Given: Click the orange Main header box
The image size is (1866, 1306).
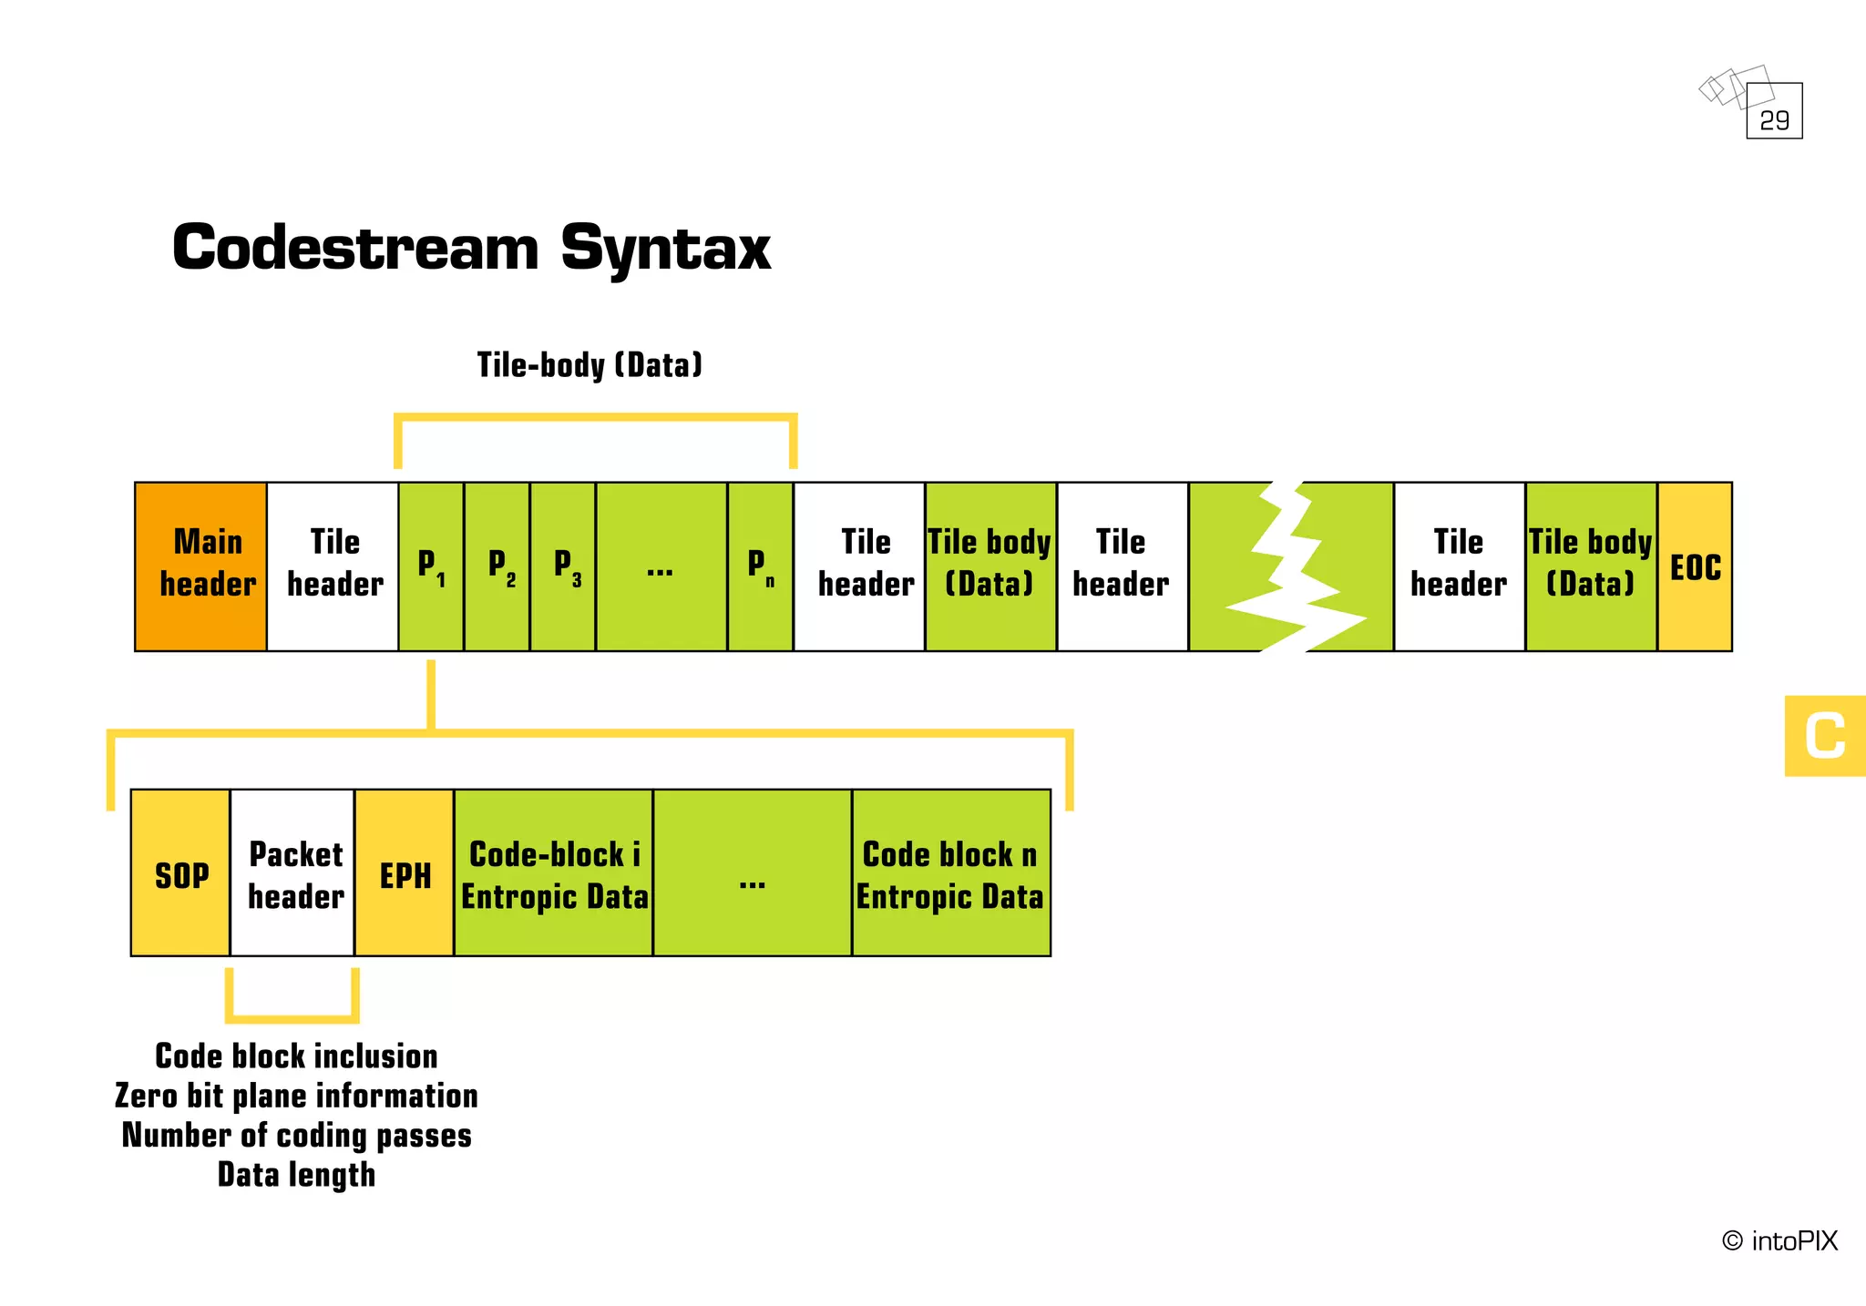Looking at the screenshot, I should (x=200, y=566).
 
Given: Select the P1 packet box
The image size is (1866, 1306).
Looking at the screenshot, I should (x=431, y=566).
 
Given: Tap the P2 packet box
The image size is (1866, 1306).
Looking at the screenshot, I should (x=497, y=566).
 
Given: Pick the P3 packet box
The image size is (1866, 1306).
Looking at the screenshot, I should (x=563, y=566).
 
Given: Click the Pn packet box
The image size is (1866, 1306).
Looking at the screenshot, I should (x=760, y=566).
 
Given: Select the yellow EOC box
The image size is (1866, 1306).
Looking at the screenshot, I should (x=1695, y=566).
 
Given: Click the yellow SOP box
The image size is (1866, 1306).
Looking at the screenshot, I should (x=180, y=872).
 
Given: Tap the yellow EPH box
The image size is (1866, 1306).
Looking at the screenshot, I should (x=405, y=872).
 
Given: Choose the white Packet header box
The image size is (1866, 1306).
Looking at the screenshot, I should (x=293, y=872).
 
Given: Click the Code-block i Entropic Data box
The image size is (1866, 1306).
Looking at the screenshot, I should (x=553, y=872).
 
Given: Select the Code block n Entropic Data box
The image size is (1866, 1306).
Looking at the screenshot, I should (x=950, y=872).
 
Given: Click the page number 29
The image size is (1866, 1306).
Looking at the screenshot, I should (x=1774, y=119).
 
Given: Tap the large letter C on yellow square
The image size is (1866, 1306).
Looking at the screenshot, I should (x=1824, y=736).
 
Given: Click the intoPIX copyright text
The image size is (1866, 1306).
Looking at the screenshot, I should (x=1779, y=1240).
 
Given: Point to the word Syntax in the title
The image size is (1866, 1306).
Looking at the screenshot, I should (x=665, y=249).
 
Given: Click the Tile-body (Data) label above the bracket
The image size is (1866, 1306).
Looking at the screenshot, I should (x=590, y=364).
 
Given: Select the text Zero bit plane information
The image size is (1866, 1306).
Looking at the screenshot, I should (x=296, y=1096).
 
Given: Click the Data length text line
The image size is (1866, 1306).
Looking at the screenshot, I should (x=296, y=1174).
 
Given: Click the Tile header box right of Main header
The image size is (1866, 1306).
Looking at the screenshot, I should (x=333, y=566).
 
